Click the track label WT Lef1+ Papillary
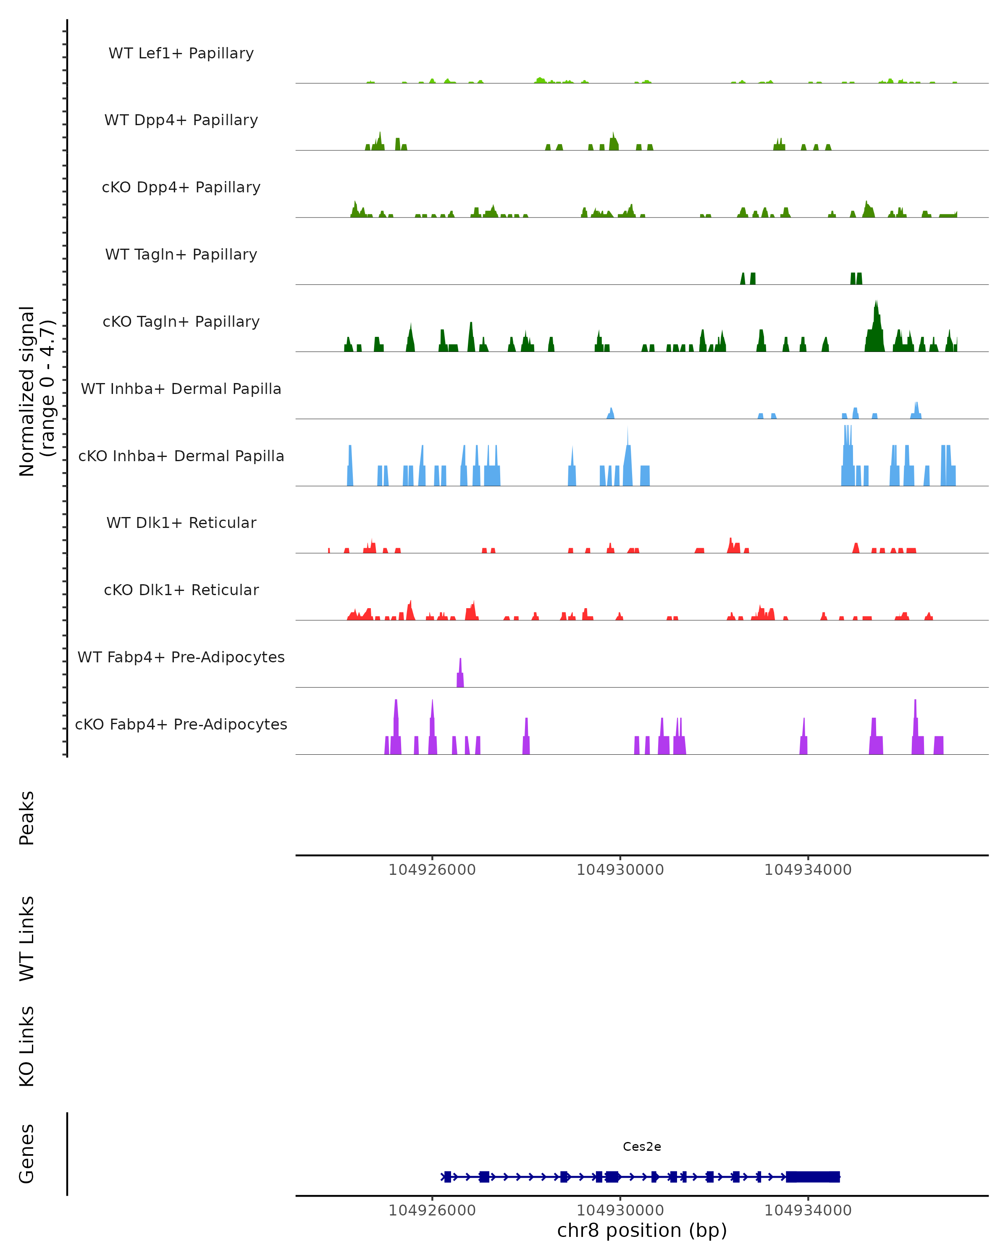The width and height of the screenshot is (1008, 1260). click(x=181, y=53)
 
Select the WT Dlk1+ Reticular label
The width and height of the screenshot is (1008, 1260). click(x=181, y=522)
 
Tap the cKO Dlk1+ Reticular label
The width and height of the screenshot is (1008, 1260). click(x=181, y=590)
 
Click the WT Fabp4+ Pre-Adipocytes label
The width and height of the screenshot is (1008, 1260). click(x=181, y=657)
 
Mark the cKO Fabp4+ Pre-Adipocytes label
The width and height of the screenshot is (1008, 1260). click(x=181, y=724)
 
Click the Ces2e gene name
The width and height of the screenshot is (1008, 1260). click(x=642, y=1147)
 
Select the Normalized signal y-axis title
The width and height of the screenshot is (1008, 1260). click(x=36, y=391)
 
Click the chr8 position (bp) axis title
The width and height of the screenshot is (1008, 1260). click(x=642, y=1230)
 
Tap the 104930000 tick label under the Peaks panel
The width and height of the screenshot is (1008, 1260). click(x=620, y=870)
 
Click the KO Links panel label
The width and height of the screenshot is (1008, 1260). click(x=27, y=1046)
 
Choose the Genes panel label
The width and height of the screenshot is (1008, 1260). click(x=27, y=1154)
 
